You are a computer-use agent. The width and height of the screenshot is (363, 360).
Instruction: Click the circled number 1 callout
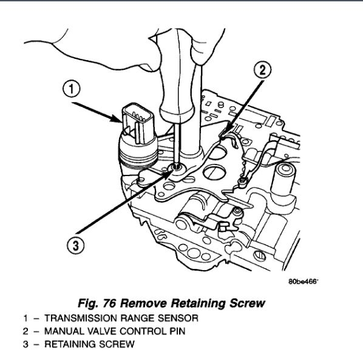tap(71, 89)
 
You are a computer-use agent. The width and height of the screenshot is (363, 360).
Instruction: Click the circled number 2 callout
tap(262, 70)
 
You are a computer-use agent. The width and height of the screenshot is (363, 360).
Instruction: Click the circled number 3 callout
tap(76, 245)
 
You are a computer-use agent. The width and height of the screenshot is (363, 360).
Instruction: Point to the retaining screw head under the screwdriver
tap(178, 167)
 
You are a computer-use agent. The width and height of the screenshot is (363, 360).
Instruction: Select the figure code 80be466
tap(304, 282)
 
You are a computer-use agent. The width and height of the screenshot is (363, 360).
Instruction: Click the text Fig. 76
tap(97, 304)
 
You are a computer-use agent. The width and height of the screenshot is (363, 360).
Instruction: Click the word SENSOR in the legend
tap(178, 318)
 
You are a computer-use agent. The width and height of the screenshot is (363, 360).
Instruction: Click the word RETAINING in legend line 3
tap(70, 344)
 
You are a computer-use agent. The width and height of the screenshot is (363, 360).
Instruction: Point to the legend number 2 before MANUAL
tap(25, 331)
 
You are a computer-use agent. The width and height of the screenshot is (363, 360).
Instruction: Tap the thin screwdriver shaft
tap(177, 143)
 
